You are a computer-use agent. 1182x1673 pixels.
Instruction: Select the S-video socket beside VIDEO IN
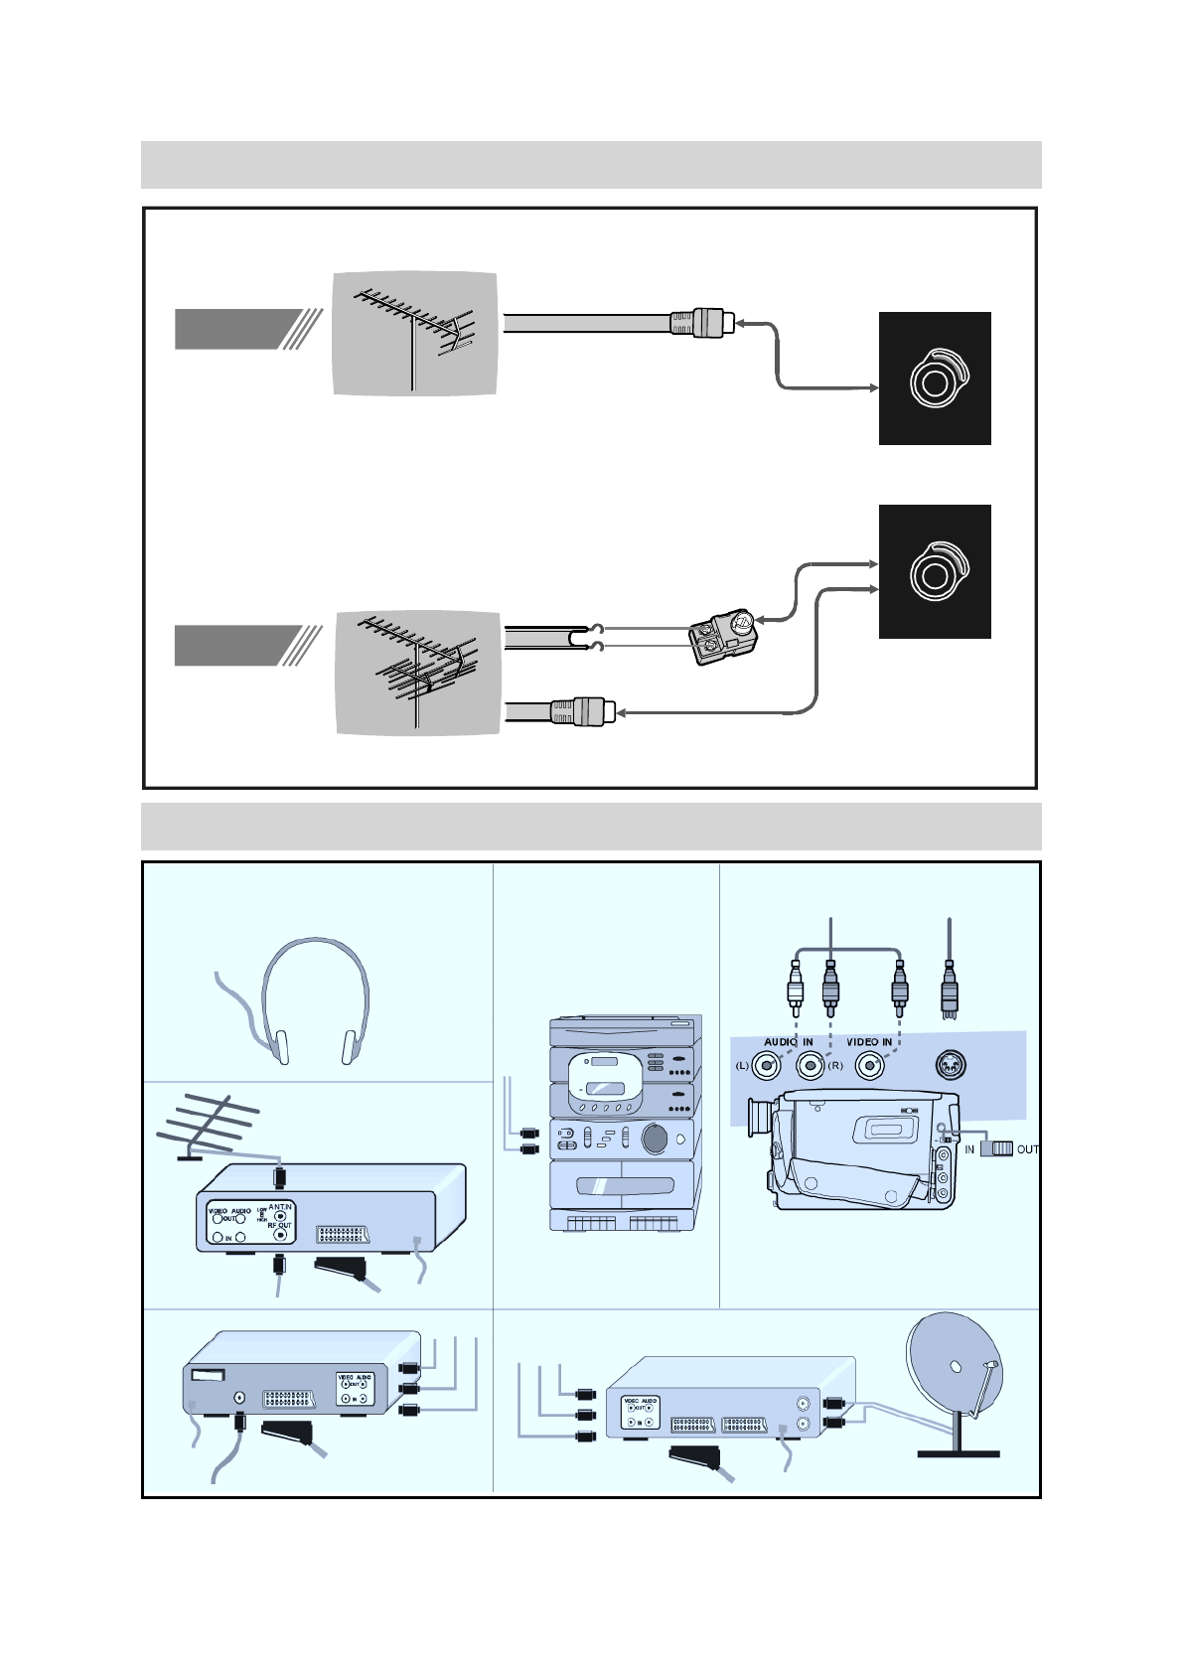(951, 1066)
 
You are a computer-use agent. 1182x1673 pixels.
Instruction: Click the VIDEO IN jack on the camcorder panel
(870, 1066)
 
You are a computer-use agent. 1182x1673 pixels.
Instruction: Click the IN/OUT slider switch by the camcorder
(996, 1148)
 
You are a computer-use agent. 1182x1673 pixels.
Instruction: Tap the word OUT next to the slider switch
(1027, 1149)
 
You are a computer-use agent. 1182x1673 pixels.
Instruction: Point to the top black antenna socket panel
(935, 379)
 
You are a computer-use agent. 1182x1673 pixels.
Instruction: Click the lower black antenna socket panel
(935, 571)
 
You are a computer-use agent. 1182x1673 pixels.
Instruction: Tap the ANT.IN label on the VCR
(280, 1206)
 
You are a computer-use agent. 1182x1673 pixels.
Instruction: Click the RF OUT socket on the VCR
(281, 1235)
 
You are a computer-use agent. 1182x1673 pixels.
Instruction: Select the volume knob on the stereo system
(655, 1138)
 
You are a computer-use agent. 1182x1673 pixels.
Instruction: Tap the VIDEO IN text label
(869, 1042)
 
